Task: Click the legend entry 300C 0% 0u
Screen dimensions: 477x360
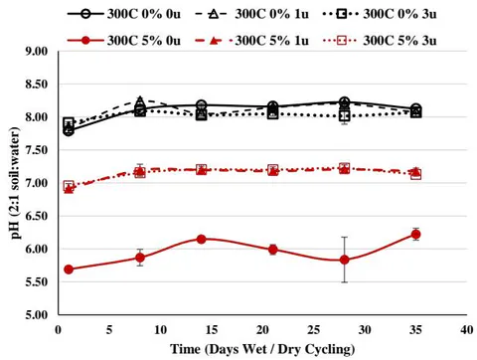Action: [124, 14]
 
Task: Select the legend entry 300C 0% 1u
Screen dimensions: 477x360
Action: [252, 14]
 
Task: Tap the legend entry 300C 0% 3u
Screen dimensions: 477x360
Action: [380, 14]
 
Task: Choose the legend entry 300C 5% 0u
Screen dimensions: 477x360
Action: [124, 41]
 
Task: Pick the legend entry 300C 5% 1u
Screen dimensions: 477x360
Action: [252, 41]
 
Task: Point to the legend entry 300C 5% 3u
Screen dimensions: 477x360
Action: [380, 41]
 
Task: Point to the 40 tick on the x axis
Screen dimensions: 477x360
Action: [467, 329]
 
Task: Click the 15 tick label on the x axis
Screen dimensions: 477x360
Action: [212, 329]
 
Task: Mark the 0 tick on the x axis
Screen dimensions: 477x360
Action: [59, 329]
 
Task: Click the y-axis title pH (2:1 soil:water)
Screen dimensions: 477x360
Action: [15, 183]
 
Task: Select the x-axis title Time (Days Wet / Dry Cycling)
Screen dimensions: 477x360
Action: [262, 349]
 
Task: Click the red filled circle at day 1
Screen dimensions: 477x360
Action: [69, 270]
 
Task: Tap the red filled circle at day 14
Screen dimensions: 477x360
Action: [202, 239]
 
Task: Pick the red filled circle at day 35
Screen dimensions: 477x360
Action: [415, 235]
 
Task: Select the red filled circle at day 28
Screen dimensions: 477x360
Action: [345, 260]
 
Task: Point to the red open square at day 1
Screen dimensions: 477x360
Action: [69, 186]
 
